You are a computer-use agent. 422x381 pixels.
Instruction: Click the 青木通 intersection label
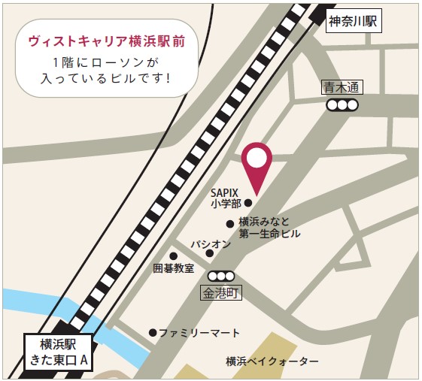click(342, 88)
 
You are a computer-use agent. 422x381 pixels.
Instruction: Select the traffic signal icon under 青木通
click(342, 105)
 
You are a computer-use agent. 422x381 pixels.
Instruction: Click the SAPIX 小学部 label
click(226, 198)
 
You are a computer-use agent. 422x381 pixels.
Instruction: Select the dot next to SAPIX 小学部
click(248, 201)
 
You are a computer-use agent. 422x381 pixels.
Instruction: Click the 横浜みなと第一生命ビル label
click(269, 228)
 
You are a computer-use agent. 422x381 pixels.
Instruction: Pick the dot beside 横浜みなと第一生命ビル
click(229, 223)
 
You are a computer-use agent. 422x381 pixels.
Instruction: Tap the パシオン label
click(210, 244)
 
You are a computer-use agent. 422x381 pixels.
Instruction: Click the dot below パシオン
click(210, 253)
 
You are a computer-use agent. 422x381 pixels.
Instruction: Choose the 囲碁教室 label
click(173, 268)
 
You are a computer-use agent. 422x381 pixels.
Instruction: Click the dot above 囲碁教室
click(173, 256)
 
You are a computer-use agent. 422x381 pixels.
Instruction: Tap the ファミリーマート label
click(199, 333)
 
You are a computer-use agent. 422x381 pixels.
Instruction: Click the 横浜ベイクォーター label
click(272, 361)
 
